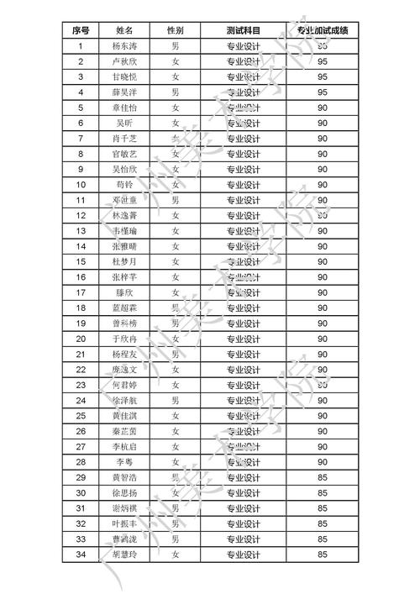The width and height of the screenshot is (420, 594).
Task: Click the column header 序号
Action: coord(81,30)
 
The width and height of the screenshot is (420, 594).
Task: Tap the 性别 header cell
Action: coord(175,30)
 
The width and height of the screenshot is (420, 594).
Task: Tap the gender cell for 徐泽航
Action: coord(175,400)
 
